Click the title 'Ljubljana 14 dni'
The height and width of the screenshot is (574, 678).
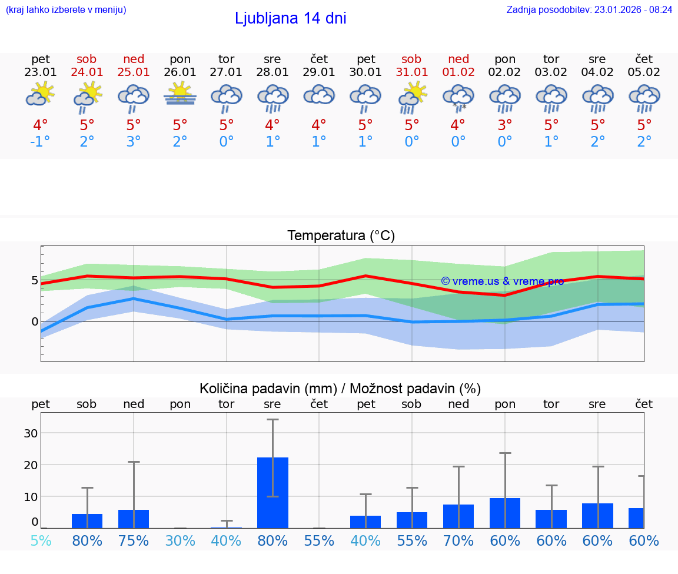(x=290, y=18)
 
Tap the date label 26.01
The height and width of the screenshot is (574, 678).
(x=180, y=72)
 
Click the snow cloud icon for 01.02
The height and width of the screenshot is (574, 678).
(x=458, y=97)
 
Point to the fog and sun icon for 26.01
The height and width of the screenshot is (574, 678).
(x=180, y=94)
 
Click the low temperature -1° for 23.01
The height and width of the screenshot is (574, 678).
(x=41, y=142)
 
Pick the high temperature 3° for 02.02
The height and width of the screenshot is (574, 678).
(x=505, y=125)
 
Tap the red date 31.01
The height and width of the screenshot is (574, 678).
(x=411, y=72)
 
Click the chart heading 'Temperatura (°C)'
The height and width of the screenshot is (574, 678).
(x=341, y=235)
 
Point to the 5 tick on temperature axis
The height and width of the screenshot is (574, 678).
(x=35, y=280)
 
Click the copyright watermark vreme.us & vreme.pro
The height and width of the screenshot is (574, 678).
(x=502, y=281)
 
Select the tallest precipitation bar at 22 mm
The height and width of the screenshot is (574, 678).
(x=272, y=492)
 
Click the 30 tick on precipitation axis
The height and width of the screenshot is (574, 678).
(x=31, y=433)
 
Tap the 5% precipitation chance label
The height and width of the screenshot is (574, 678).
(x=41, y=541)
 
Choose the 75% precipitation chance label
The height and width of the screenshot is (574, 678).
(x=134, y=541)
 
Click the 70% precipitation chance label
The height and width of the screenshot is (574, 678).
(x=458, y=541)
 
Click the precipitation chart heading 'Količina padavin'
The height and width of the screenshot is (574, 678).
(x=340, y=389)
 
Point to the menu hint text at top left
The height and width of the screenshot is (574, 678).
(x=66, y=9)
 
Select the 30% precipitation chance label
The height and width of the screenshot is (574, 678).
(x=180, y=541)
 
